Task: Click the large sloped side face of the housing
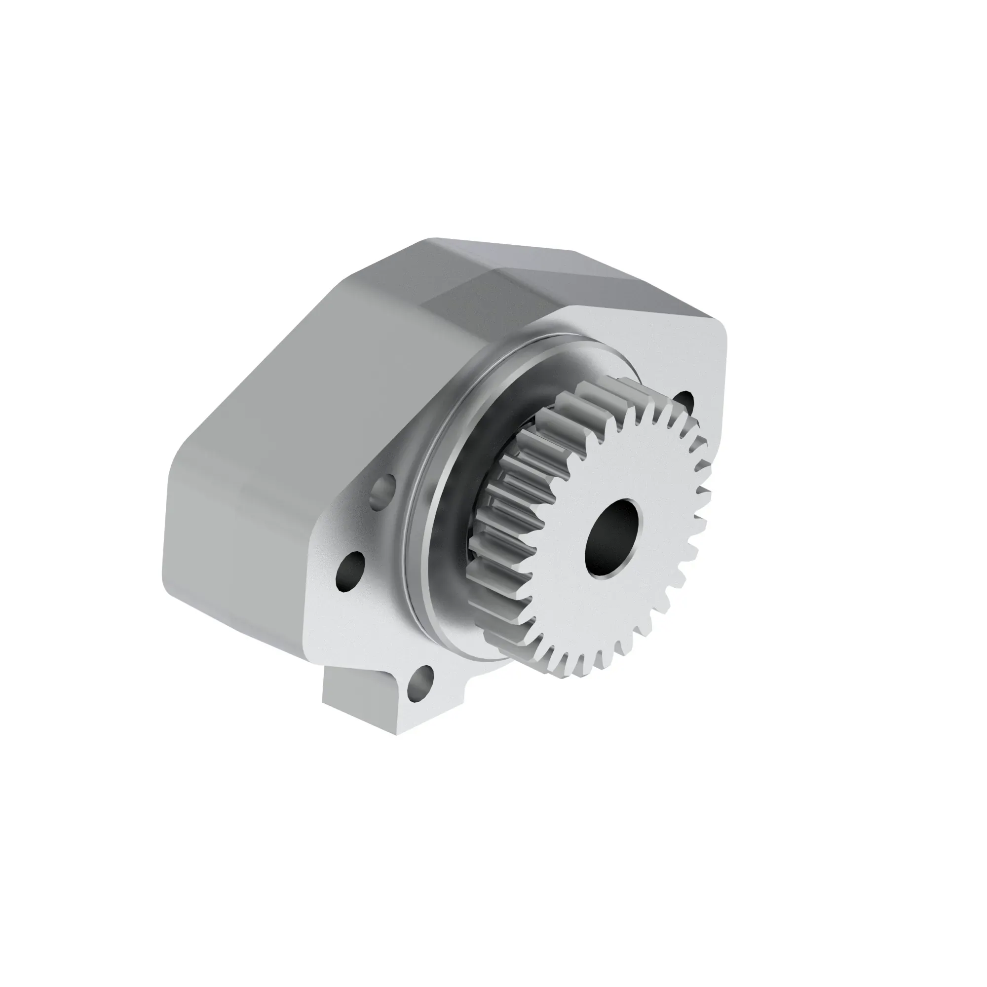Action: tap(286, 409)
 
